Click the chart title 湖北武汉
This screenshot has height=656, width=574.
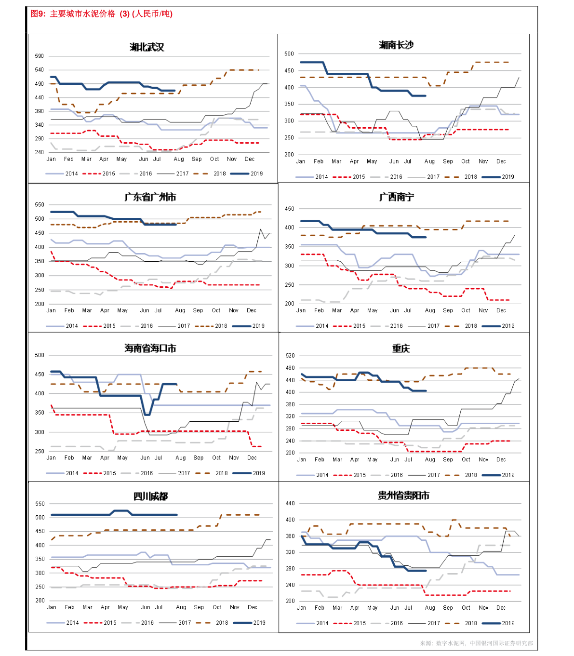coord(147,47)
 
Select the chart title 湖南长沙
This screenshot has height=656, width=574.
coord(396,45)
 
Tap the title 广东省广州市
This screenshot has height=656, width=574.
coord(150,197)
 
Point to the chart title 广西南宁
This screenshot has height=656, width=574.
coord(397,197)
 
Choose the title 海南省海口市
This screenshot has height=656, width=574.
coord(150,348)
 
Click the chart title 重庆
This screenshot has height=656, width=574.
coord(401,348)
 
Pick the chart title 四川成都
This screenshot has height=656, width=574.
coord(150,496)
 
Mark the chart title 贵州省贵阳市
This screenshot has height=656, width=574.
coord(403,495)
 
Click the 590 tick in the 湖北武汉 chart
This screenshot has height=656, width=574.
coord(40,56)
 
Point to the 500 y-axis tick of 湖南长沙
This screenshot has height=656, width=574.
coord(289,54)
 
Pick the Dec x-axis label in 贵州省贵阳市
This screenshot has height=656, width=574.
coord(501,608)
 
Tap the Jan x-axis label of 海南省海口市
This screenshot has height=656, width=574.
coord(51,458)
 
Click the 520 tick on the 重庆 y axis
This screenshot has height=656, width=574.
coord(290,356)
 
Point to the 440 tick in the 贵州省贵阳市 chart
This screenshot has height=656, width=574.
coord(290,503)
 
